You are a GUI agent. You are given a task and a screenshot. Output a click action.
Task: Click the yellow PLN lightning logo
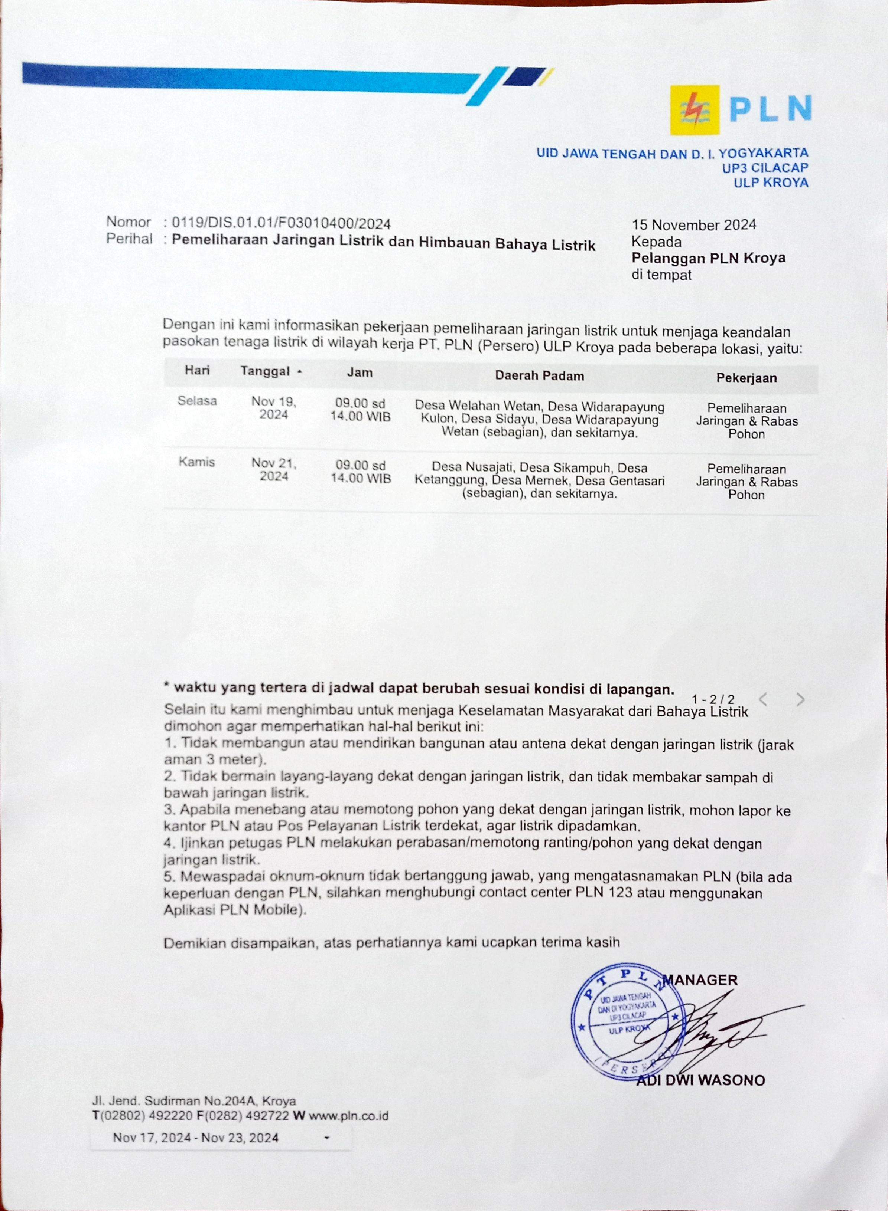[x=695, y=110]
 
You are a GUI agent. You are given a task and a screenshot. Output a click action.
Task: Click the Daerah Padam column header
[x=539, y=375]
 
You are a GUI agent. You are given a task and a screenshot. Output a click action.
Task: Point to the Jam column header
[x=360, y=372]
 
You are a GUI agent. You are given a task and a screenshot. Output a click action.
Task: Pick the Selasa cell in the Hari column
[x=197, y=401]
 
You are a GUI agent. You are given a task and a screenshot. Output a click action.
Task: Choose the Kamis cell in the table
[x=197, y=462]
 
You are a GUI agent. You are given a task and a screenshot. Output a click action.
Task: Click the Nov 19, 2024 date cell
[x=274, y=408]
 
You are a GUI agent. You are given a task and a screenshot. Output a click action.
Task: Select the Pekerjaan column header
[x=746, y=378]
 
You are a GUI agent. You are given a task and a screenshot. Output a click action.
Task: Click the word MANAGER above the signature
[x=700, y=979]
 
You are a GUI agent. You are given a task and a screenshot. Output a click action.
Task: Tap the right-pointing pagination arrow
[x=800, y=699]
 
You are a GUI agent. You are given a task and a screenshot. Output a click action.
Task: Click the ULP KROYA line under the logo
[x=771, y=183]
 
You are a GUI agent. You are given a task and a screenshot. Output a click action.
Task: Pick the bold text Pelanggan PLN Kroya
[x=708, y=258]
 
